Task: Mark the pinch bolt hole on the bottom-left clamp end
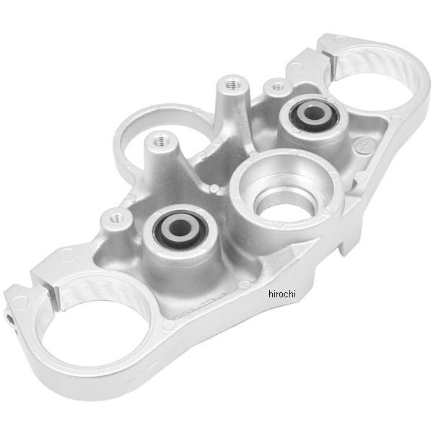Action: click(9, 318)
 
